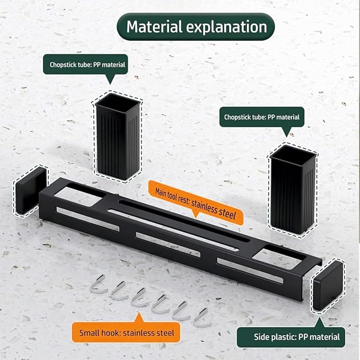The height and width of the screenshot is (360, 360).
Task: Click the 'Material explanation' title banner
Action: [196, 27]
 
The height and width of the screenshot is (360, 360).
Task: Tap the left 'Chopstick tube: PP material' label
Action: [85, 65]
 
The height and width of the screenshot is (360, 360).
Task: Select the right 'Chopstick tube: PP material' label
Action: [262, 117]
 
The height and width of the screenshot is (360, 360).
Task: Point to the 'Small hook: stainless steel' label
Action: [126, 332]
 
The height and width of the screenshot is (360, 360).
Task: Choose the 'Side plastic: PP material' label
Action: [291, 337]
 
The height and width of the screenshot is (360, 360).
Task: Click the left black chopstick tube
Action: [118, 137]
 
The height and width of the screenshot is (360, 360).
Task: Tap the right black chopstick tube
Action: [293, 189]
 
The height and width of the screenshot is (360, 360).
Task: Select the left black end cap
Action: [31, 190]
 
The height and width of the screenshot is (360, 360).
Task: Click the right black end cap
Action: [328, 285]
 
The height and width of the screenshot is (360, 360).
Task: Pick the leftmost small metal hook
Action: [98, 285]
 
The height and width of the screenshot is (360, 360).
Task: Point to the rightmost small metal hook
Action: [202, 319]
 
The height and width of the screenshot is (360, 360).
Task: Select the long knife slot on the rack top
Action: [183, 221]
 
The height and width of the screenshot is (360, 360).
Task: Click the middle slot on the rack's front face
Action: [168, 245]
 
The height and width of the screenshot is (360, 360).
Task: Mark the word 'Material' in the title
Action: [154, 27]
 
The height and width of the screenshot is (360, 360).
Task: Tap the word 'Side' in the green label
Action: [261, 337]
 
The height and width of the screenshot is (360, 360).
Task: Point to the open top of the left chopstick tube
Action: [118, 103]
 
